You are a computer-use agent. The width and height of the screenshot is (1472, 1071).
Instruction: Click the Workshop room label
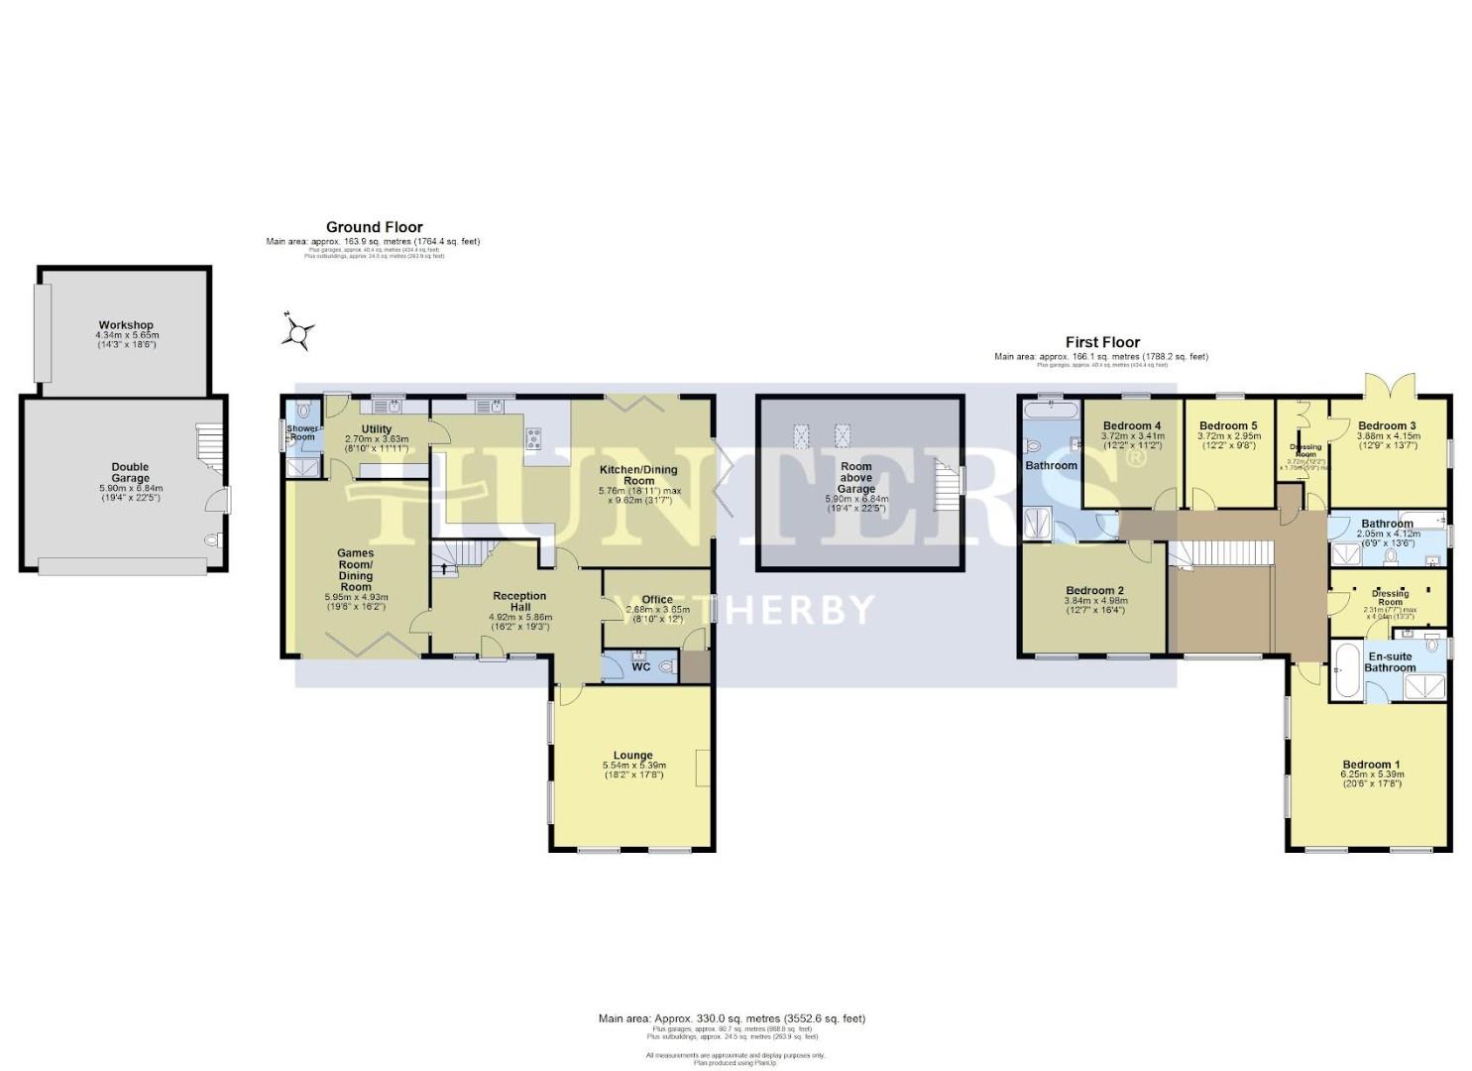(126, 325)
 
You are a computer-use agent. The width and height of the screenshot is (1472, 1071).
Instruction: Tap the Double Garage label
(130, 473)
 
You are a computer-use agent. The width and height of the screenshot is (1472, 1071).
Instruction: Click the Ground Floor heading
(374, 227)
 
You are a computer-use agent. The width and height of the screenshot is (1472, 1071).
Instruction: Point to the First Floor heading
(1102, 342)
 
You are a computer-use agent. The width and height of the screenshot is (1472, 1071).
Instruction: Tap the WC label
(640, 667)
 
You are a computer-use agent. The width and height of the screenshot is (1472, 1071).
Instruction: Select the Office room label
(656, 599)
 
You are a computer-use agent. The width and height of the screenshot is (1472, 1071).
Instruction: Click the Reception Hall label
(519, 602)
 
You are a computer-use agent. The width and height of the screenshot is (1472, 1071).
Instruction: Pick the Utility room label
(376, 429)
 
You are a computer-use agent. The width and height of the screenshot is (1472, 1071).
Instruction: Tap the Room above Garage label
(856, 477)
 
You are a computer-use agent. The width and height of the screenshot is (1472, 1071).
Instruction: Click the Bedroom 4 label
(1132, 425)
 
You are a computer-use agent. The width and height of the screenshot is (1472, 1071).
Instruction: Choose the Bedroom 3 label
(1387, 425)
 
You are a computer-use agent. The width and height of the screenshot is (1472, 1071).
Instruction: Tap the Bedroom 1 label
(1373, 764)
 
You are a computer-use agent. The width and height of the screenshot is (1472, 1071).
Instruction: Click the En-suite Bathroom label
(1391, 661)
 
